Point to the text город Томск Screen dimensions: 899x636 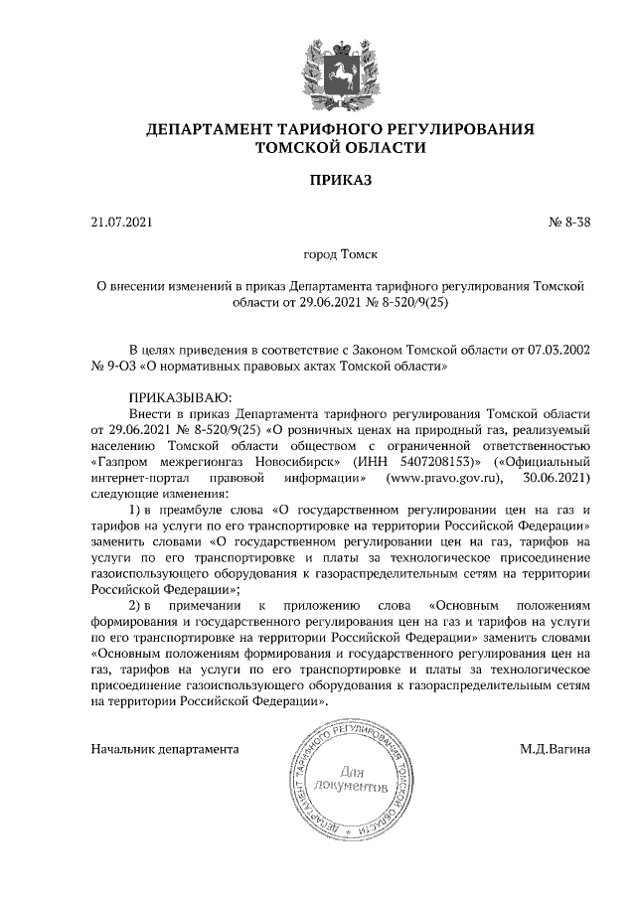click(x=341, y=254)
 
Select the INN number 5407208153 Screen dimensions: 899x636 click(x=438, y=461)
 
